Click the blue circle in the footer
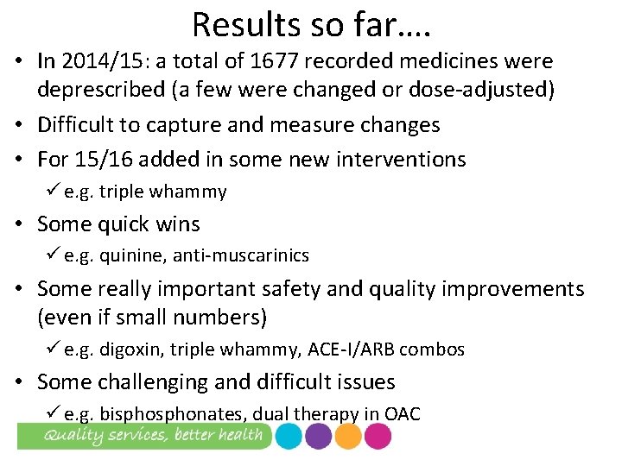(x=289, y=437)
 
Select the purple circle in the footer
(x=318, y=437)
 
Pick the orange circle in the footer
(x=348, y=437)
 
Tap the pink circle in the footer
(x=378, y=437)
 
